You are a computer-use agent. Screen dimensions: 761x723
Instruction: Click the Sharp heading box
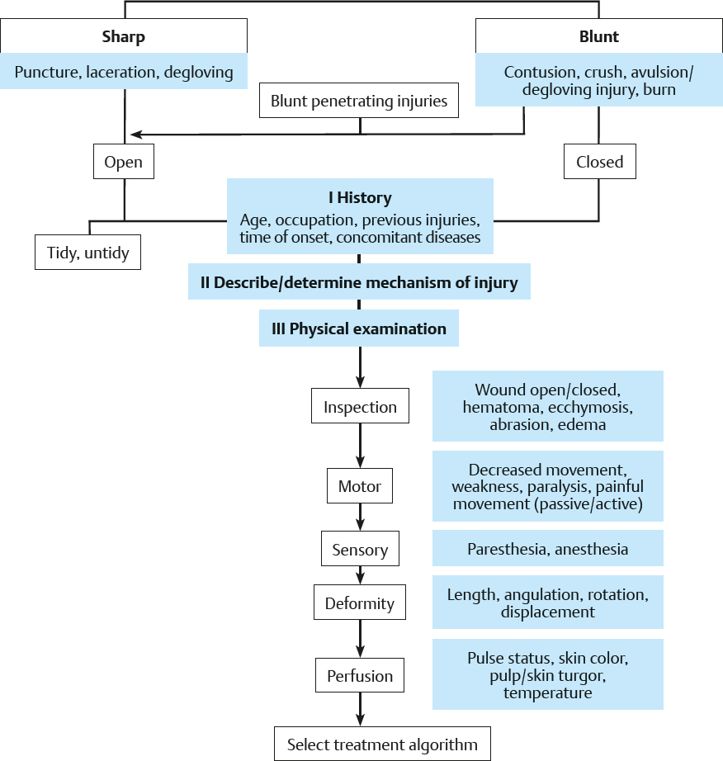(x=124, y=37)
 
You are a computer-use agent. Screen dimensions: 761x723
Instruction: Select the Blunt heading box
(x=599, y=37)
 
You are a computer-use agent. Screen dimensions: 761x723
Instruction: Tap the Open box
(x=124, y=162)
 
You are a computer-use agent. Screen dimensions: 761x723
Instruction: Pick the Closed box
(x=599, y=162)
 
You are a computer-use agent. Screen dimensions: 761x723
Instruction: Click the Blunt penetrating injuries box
(x=359, y=102)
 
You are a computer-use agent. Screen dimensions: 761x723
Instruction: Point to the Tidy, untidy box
(x=88, y=252)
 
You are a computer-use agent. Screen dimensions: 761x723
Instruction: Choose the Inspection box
(x=360, y=407)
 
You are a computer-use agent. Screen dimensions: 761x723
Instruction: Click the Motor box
(x=360, y=486)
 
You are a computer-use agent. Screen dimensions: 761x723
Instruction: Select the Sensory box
(x=360, y=549)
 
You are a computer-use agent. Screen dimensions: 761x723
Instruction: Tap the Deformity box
(x=360, y=603)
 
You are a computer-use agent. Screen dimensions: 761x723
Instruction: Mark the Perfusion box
(x=360, y=676)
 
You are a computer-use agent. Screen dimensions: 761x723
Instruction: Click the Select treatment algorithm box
(x=382, y=744)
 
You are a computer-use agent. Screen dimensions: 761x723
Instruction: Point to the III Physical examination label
(x=359, y=329)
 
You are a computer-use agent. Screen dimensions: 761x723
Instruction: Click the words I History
(x=359, y=198)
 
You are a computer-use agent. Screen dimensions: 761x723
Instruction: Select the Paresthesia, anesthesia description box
(x=547, y=549)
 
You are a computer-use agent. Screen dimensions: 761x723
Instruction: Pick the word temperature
(x=547, y=693)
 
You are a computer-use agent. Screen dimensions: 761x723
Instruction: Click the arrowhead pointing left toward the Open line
(x=135, y=134)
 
